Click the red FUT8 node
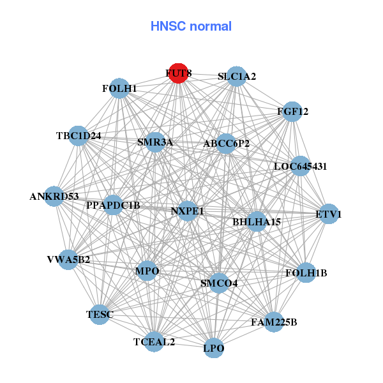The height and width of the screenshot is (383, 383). point(178,73)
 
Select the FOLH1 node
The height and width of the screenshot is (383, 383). point(119,88)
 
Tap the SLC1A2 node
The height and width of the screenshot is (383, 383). point(237,77)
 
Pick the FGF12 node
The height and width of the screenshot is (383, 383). point(292,112)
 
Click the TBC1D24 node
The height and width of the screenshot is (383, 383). point(79,135)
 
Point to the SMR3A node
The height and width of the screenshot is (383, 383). point(155,142)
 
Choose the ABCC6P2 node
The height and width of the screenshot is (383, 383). point(226,143)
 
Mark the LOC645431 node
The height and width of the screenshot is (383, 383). point(300,166)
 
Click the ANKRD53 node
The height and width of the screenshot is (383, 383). point(54,196)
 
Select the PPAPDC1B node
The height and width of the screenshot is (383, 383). point(113,205)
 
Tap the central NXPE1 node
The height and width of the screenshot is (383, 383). point(187,211)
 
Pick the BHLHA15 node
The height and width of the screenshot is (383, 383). point(257,222)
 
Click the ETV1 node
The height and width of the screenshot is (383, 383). point(328,214)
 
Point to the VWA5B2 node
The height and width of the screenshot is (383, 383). point(68,259)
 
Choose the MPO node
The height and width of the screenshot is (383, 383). point(147,271)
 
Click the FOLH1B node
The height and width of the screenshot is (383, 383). point(306,273)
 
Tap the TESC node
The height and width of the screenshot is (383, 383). point(99,314)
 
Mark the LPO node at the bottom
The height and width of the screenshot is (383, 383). point(214,348)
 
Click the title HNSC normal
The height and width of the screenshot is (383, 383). point(191,26)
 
